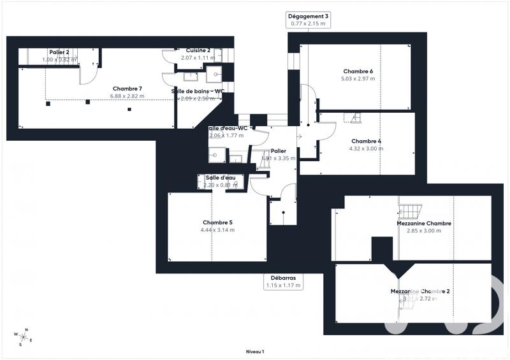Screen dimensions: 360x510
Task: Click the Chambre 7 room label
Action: [x=127, y=89]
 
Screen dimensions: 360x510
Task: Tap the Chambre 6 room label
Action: [x=358, y=71]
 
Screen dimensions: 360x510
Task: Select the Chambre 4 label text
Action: [x=366, y=141]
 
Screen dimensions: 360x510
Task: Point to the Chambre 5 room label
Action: [x=217, y=222]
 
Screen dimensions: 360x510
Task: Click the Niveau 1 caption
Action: [x=254, y=351]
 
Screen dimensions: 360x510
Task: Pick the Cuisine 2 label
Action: [x=198, y=50]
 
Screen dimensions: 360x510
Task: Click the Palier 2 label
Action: [x=59, y=52]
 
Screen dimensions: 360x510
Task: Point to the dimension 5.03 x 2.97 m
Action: [x=358, y=79]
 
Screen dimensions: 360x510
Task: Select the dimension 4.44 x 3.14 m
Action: [x=217, y=230]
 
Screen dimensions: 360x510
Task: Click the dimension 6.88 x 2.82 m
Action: [x=127, y=96]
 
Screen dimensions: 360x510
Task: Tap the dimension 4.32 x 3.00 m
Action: [x=366, y=148]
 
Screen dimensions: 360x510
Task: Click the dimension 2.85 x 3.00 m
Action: [x=424, y=231]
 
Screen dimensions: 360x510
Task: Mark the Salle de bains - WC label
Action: [x=198, y=91]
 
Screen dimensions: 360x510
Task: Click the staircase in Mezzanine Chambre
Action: [x=411, y=208]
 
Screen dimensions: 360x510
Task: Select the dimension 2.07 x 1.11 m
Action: [x=198, y=58]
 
